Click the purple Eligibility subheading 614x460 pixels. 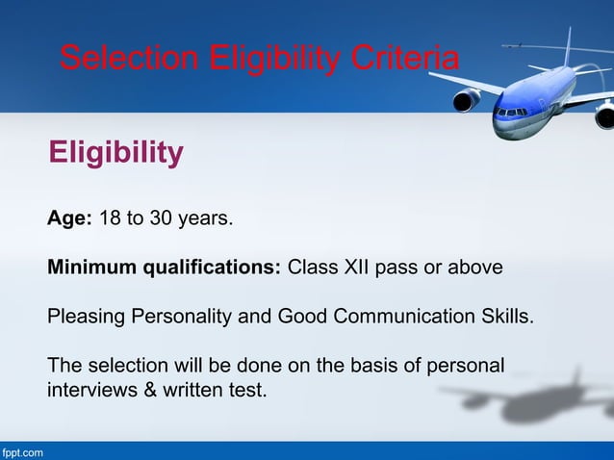tap(115, 152)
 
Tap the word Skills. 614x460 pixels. tap(503, 317)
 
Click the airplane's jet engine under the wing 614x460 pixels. tap(467, 99)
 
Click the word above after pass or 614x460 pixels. tap(477, 267)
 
